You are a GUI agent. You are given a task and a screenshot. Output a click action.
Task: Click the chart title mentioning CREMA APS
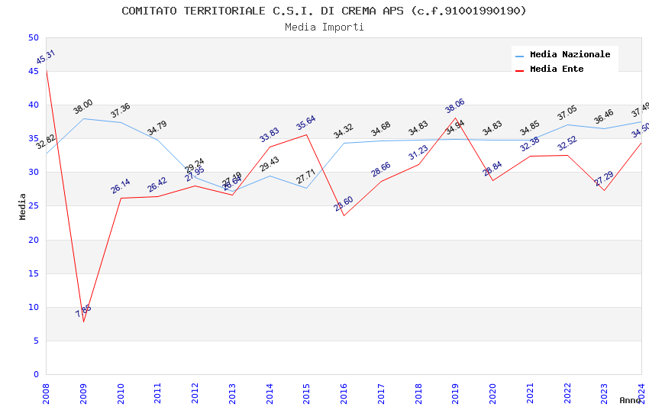(x=324, y=11)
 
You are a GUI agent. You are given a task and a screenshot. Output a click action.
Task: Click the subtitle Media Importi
(x=324, y=27)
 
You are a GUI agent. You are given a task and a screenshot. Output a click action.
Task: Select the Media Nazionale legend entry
(x=570, y=55)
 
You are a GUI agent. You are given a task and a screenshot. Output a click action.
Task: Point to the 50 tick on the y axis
(x=33, y=37)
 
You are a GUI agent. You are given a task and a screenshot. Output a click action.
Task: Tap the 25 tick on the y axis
(x=33, y=206)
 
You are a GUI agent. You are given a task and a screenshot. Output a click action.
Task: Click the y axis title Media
(x=23, y=206)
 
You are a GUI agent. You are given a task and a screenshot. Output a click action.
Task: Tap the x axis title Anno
(x=630, y=400)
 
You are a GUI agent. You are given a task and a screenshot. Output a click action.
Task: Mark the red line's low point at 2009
(x=83, y=321)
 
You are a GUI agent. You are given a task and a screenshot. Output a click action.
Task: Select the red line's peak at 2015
(x=307, y=134)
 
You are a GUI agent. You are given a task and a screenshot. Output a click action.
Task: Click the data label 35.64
(x=305, y=123)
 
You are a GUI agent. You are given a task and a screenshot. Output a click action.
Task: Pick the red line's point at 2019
(x=455, y=118)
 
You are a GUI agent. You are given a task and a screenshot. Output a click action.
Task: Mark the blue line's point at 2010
(x=121, y=122)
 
